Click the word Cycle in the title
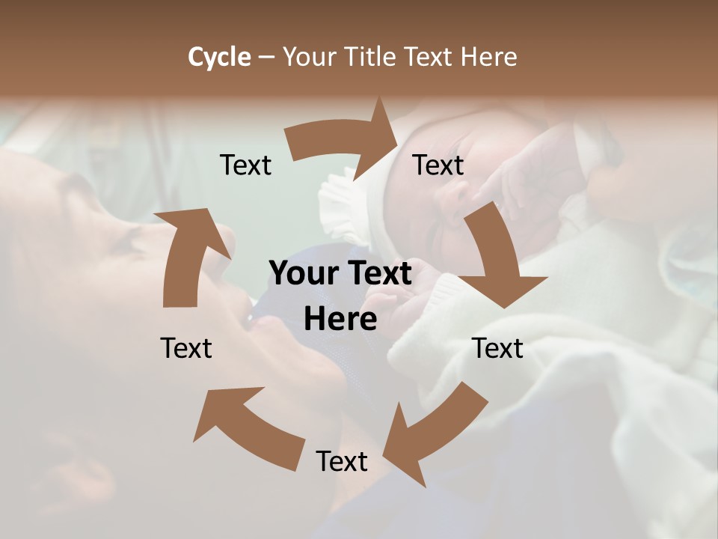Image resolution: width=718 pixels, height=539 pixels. click(219, 57)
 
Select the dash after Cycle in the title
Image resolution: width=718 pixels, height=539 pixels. click(266, 58)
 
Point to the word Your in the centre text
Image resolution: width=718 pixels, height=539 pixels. click(299, 273)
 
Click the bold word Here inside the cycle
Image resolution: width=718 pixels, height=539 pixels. click(340, 320)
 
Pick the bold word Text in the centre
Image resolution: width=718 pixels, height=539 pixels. click(375, 273)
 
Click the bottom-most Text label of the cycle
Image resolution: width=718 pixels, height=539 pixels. click(342, 461)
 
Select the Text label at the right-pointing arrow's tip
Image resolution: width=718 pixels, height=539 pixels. click(438, 165)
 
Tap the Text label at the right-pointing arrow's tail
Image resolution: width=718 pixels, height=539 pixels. click(245, 165)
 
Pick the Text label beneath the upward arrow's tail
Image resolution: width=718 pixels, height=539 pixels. click(186, 348)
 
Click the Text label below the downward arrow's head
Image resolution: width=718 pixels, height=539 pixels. click(498, 348)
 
